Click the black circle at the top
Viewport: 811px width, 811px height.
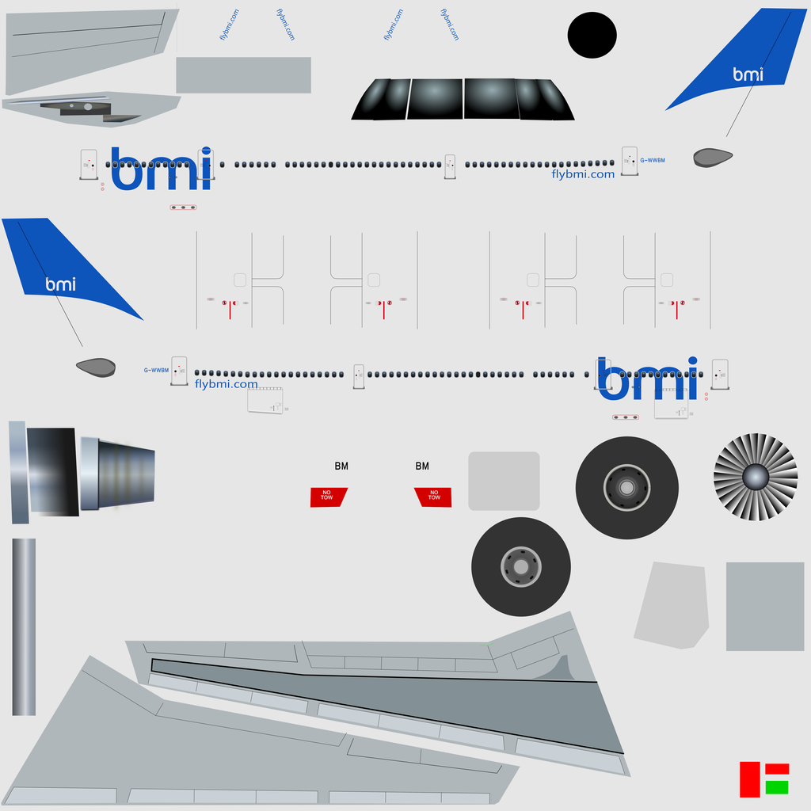[592, 36]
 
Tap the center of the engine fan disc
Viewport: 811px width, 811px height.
[756, 477]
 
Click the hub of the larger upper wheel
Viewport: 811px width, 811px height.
[626, 488]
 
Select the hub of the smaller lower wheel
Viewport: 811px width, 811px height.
[520, 567]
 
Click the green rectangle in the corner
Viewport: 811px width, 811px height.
[777, 787]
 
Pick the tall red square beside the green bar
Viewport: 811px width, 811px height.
[749, 779]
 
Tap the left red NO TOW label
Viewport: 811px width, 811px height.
[328, 497]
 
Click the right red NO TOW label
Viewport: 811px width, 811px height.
[433, 497]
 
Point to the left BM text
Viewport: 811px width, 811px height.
[341, 466]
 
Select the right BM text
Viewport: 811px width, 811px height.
[422, 466]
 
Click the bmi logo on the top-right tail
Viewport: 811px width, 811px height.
[748, 74]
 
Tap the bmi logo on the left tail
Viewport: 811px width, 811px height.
[61, 284]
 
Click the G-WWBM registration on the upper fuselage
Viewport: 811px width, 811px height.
[653, 161]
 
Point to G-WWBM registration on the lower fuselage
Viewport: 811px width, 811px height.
[156, 371]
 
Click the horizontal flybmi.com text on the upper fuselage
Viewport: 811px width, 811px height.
[583, 175]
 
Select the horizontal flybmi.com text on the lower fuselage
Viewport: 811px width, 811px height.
[226, 385]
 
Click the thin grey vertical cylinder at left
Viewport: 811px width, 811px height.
[24, 626]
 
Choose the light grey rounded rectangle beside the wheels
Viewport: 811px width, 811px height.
[504, 481]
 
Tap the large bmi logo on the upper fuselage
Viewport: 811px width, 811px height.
[162, 169]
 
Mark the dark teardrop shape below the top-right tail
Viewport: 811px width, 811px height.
[713, 158]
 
